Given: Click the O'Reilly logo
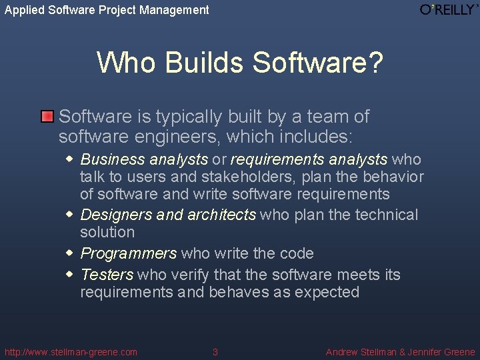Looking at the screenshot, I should click(x=449, y=9).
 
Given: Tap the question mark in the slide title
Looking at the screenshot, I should click(x=375, y=63).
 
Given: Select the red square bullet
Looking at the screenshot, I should click(x=47, y=117).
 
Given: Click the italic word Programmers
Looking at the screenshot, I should click(x=129, y=253).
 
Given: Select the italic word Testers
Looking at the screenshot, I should click(x=107, y=275).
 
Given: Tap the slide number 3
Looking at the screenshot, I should click(x=215, y=352).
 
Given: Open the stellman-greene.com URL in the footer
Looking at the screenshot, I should click(x=71, y=352).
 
